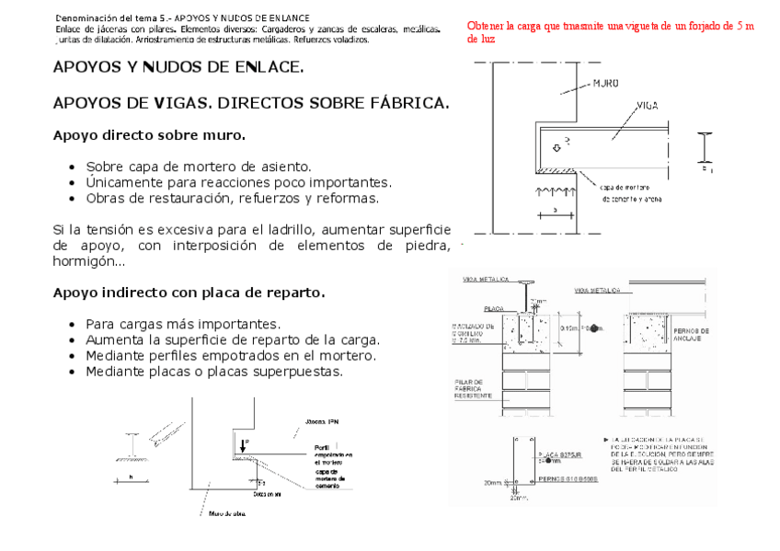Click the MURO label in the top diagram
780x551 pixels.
603,83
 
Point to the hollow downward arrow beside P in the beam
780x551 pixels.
556,147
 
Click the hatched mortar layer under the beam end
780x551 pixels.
557,170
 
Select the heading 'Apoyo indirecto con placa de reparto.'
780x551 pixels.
189,293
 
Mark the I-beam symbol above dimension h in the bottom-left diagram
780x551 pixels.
132,448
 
